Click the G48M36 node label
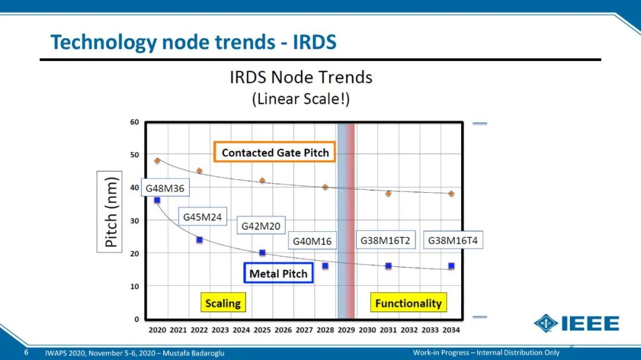tap(165, 188)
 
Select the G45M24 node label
tap(202, 217)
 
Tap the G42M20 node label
tap(261, 226)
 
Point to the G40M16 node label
tap(312, 241)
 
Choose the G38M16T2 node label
tap(385, 240)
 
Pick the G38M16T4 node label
tap(452, 240)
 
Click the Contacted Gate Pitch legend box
tap(275, 152)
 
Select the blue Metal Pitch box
tap(278, 273)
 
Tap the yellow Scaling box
tap(223, 303)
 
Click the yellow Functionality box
tap(408, 303)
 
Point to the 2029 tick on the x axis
tap(346, 330)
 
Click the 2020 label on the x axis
tap(157, 330)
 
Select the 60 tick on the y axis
tap(135, 122)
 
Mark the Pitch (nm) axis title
tap(110, 212)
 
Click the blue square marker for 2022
tap(199, 240)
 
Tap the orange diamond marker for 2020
tap(157, 161)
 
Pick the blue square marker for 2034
tap(451, 266)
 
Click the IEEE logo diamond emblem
tap(546, 323)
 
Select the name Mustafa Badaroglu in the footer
tap(193, 353)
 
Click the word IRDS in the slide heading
tap(315, 42)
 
